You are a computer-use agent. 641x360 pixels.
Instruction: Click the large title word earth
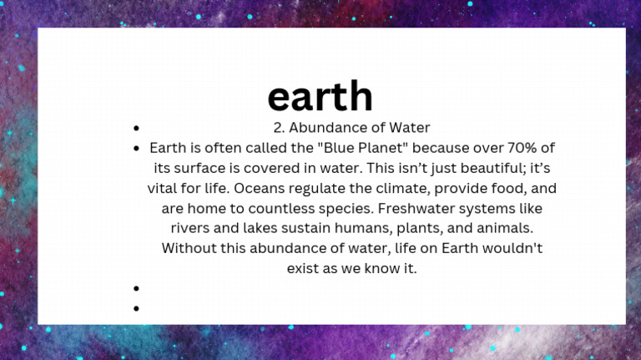(x=320, y=97)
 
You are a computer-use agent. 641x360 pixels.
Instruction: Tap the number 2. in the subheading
(x=279, y=128)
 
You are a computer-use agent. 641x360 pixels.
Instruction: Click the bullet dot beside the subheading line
(x=136, y=129)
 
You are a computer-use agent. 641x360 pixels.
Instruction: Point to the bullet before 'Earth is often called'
(x=136, y=149)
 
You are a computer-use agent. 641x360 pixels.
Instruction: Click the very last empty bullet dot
(x=136, y=308)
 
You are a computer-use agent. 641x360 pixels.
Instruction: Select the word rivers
(x=190, y=228)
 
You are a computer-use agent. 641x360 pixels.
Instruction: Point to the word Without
(x=189, y=248)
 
